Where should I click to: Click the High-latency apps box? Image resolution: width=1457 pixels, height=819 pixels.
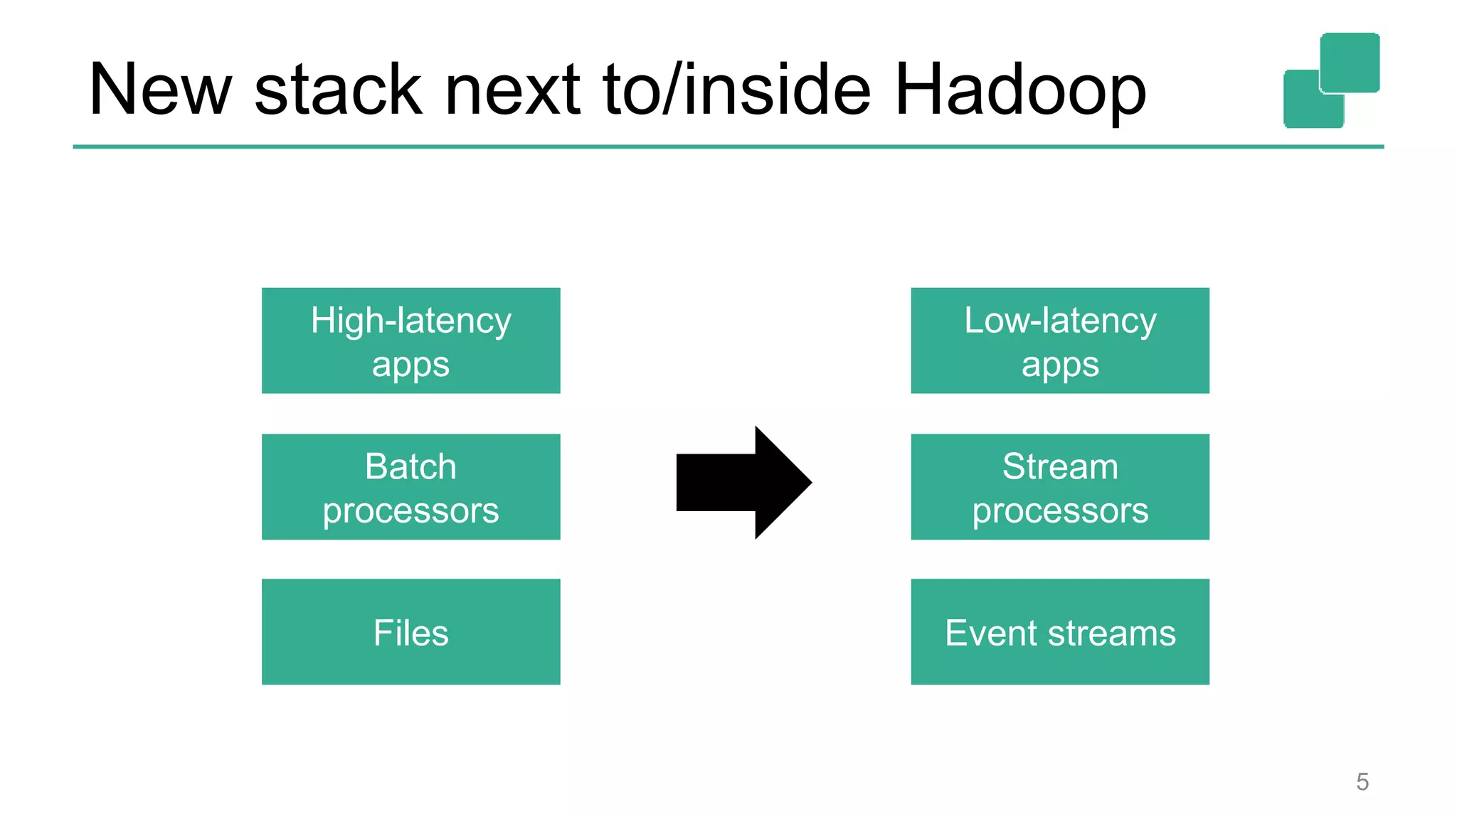[410, 341]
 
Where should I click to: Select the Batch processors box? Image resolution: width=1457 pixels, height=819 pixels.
[410, 487]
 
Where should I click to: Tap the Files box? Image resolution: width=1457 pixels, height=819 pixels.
[410, 632]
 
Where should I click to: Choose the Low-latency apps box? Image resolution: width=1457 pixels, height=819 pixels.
[1060, 341]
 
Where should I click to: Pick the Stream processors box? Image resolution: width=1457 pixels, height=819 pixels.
[1060, 487]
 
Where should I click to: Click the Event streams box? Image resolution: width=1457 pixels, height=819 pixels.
[1060, 632]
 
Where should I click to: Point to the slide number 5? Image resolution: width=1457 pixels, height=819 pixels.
[1362, 782]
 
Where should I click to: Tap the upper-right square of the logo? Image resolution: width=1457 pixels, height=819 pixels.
[1350, 62]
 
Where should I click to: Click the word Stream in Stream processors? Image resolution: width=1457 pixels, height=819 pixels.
[1060, 467]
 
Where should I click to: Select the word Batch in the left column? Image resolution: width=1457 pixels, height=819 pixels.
[410, 467]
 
